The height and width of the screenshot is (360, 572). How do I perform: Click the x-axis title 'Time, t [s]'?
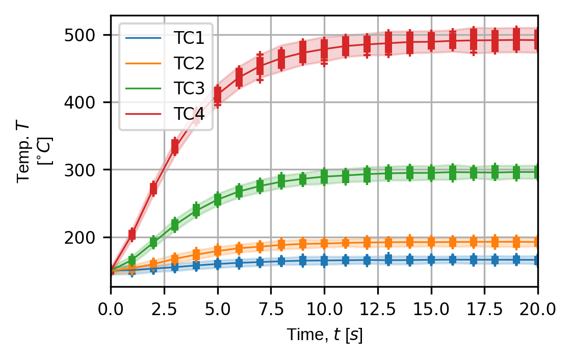[x=324, y=335]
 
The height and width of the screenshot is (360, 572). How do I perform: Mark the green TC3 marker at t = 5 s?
[x=218, y=199]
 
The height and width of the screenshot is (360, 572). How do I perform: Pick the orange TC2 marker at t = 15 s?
[x=431, y=242]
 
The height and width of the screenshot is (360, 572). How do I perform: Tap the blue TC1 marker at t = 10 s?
[x=324, y=261]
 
